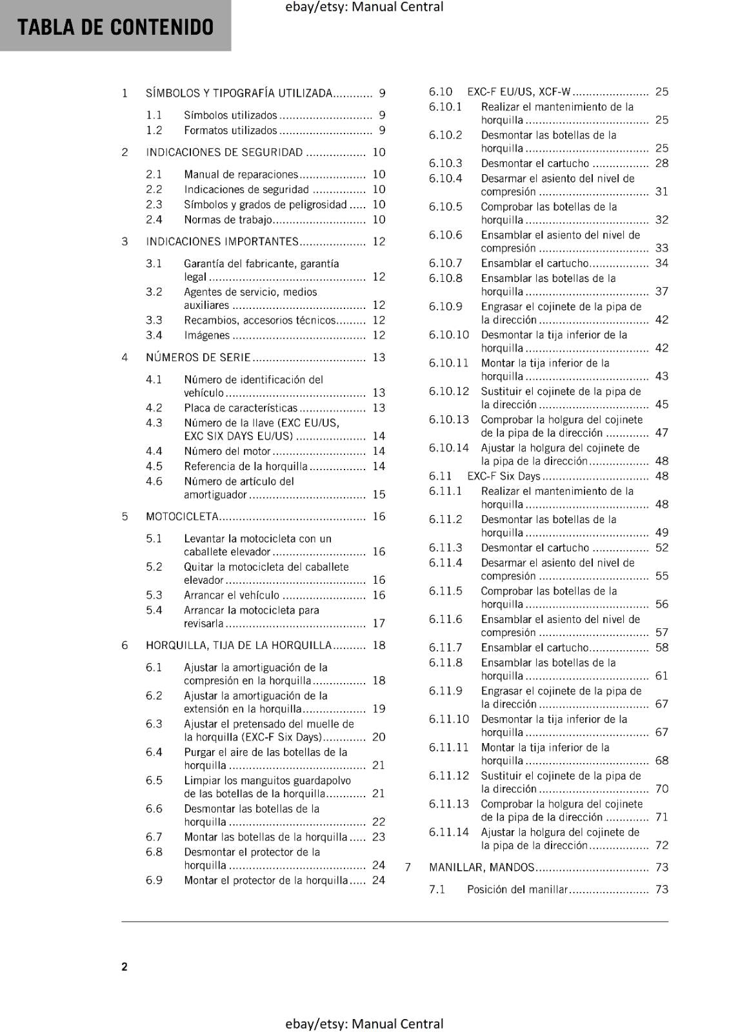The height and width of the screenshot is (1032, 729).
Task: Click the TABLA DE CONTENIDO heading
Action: pyautogui.click(x=115, y=27)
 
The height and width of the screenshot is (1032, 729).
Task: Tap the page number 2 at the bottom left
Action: pyautogui.click(x=125, y=966)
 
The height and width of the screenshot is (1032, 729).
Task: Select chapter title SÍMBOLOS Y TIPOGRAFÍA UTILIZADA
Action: pyautogui.click(x=239, y=94)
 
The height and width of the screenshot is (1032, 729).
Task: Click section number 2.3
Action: pyautogui.click(x=154, y=204)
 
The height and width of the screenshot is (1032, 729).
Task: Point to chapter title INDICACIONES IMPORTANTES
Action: pyautogui.click(x=222, y=242)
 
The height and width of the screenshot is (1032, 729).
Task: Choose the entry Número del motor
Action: pyautogui.click(x=227, y=451)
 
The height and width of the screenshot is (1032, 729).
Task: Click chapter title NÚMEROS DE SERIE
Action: pyautogui.click(x=198, y=357)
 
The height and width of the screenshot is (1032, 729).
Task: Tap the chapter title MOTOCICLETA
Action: pyautogui.click(x=182, y=517)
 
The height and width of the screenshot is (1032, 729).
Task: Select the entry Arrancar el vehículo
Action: pyautogui.click(x=232, y=595)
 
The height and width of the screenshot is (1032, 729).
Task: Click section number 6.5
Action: pyautogui.click(x=154, y=780)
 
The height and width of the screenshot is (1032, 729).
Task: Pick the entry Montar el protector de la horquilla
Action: pyautogui.click(x=266, y=880)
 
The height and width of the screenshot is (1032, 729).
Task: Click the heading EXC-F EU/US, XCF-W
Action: pyautogui.click(x=519, y=92)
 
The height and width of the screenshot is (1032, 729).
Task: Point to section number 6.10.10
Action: pyautogui.click(x=449, y=335)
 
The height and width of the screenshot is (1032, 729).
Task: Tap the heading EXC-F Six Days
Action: pyautogui.click(x=503, y=476)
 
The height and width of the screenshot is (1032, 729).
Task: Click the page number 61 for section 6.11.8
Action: pyautogui.click(x=662, y=676)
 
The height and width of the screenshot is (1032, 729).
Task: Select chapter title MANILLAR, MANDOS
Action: pyautogui.click(x=481, y=868)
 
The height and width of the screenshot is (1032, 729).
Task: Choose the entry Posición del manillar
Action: pyautogui.click(x=517, y=889)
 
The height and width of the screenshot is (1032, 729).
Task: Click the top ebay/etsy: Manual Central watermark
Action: pyautogui.click(x=364, y=7)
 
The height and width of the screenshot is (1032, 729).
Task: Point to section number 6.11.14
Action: pyautogui.click(x=449, y=832)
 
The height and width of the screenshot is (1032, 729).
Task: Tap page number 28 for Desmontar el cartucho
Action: pyautogui.click(x=662, y=163)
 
